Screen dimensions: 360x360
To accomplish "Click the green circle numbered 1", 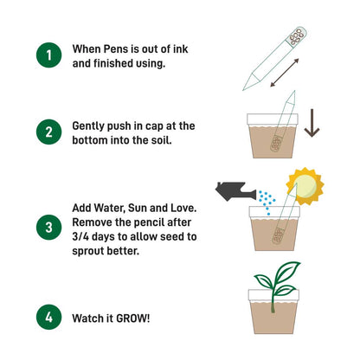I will tap(48, 56).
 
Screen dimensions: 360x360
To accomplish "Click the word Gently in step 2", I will tap(93, 125).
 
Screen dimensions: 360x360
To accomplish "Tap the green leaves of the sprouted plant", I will tap(275, 278).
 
